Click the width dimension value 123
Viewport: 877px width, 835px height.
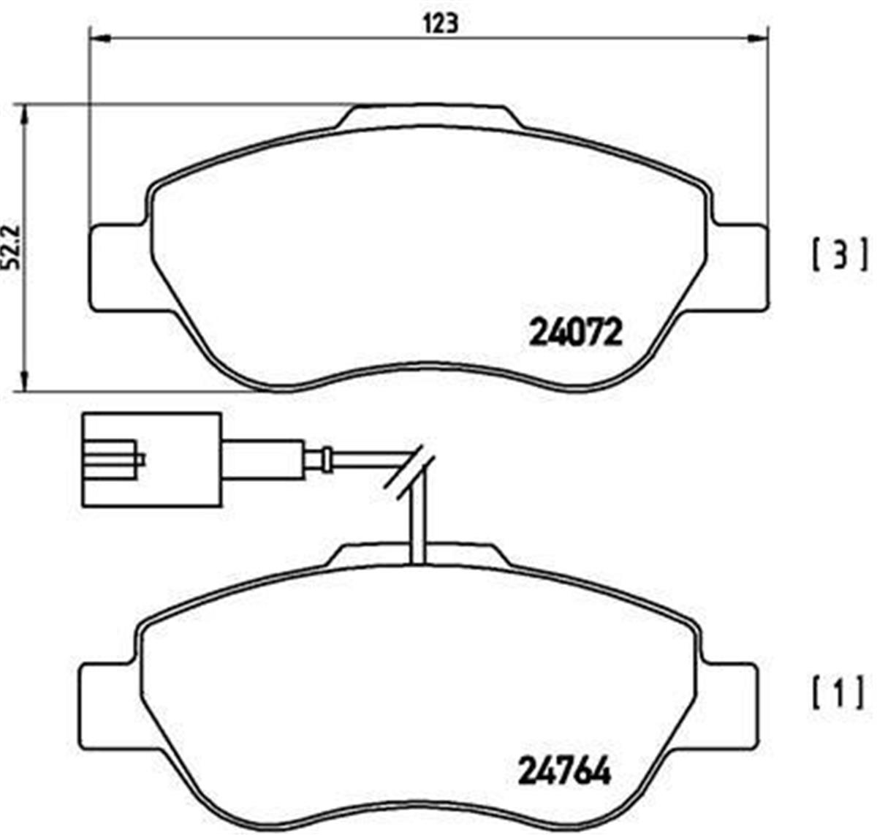point(438,24)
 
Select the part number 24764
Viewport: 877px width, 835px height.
point(564,770)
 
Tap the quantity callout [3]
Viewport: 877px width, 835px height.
point(839,254)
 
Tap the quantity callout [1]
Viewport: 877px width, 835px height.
point(838,692)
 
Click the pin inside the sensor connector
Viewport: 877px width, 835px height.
point(117,459)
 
